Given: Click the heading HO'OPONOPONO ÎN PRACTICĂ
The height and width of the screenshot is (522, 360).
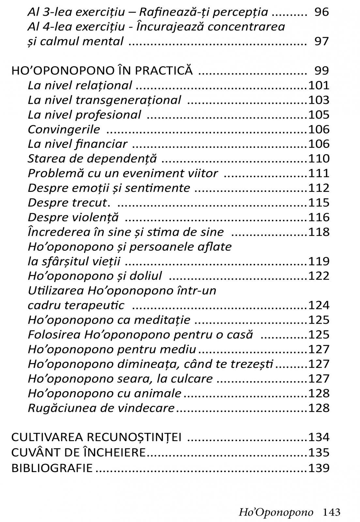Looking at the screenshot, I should (102, 70).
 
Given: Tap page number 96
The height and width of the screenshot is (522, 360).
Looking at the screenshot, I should (322, 12).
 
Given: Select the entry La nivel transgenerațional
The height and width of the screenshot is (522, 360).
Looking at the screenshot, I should (104, 100).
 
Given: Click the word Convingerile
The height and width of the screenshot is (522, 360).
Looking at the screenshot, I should (64, 129).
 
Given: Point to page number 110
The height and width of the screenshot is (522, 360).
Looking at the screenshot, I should (319, 159).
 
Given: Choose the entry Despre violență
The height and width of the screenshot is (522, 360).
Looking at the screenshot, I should (73, 217).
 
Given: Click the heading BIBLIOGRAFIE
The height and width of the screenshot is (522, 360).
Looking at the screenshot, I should (52, 468).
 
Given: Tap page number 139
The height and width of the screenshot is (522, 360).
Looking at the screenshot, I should (319, 468).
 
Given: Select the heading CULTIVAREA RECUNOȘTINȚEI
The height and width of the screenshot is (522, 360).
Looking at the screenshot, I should (97, 437).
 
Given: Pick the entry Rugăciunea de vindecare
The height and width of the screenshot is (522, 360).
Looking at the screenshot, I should (101, 408).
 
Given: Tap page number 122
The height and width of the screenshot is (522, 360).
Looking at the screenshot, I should (319, 276).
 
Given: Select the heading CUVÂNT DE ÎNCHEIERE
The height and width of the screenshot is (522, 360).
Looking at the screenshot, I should (78, 453).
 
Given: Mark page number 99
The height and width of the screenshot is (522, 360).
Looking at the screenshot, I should (322, 70).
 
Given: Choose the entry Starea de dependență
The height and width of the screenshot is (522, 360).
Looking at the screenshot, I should (92, 159).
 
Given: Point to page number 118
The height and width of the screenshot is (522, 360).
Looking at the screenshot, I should (319, 232).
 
